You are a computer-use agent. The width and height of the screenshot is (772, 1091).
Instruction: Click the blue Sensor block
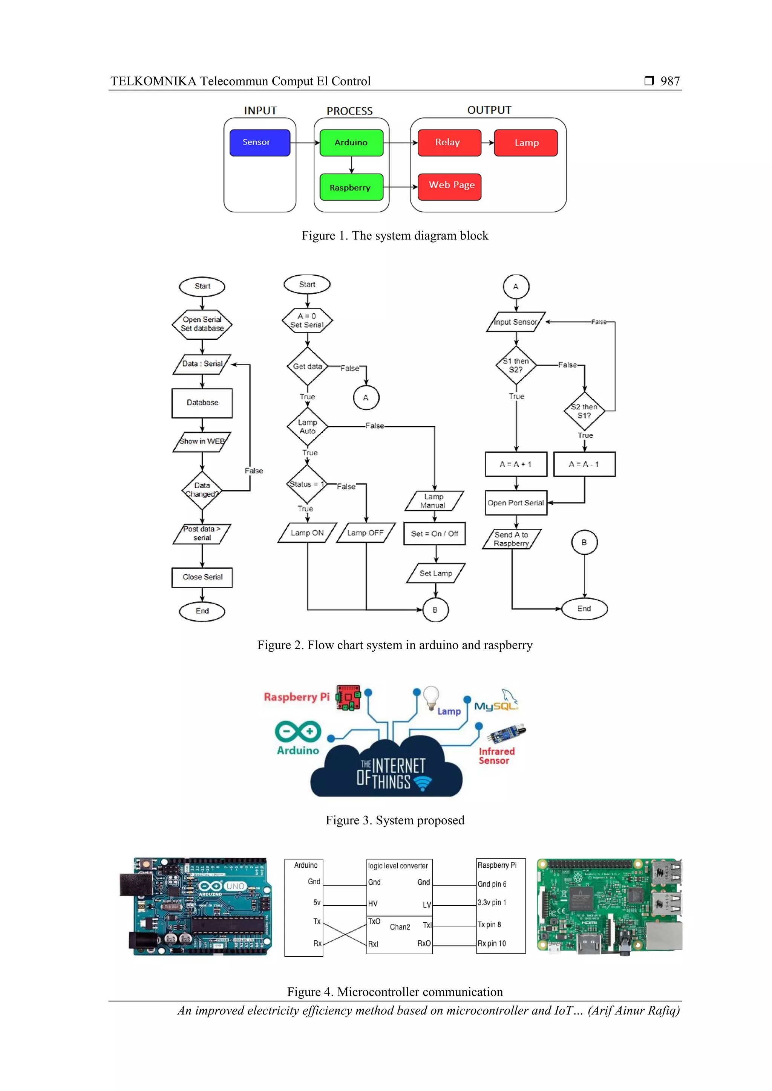260,143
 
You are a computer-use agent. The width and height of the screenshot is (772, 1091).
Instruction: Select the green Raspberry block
351,187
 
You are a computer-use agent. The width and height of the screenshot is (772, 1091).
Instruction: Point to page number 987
670,81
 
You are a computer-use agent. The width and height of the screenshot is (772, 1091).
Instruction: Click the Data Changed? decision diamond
202,490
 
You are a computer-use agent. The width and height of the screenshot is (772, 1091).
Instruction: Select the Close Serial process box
202,577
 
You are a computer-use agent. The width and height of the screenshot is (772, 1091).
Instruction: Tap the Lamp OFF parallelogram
365,533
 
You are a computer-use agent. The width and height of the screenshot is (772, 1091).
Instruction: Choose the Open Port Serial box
516,503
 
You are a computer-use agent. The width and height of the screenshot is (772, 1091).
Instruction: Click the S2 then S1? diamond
584,411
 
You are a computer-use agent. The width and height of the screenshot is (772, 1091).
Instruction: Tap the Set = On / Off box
434,534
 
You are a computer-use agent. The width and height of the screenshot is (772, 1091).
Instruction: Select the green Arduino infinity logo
298,732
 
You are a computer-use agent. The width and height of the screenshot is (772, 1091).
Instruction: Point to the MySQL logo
496,702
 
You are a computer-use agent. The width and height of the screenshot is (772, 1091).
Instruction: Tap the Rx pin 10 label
492,943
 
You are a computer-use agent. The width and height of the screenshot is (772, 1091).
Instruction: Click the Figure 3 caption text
395,820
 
